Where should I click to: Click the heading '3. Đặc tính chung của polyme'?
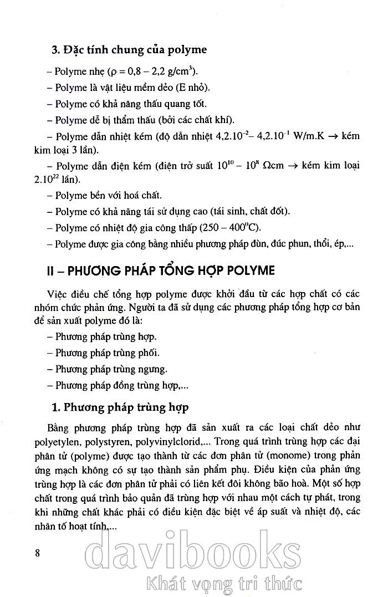pyautogui.click(x=129, y=50)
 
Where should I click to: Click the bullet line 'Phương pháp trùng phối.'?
pyautogui.click(x=104, y=353)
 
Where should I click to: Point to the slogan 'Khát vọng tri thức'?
pyautogui.click(x=222, y=583)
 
